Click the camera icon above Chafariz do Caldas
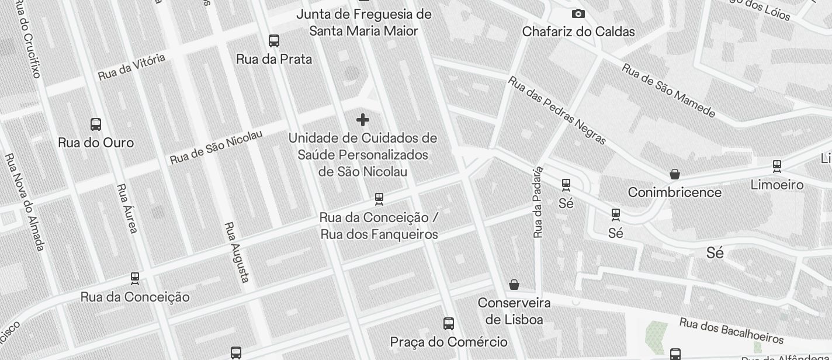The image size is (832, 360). (578, 13)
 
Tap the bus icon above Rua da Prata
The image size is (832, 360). (273, 41)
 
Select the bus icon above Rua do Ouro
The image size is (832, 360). (96, 124)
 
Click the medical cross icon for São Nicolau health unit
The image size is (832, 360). (362, 120)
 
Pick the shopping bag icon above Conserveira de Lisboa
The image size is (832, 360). (514, 285)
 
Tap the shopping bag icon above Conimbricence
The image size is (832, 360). (674, 174)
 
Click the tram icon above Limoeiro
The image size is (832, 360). (776, 167)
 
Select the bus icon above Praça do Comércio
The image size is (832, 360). (448, 324)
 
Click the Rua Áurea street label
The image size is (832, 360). (127, 209)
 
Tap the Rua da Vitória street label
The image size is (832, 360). (131, 67)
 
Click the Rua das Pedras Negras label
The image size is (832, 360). (557, 110)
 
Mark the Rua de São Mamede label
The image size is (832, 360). (668, 90)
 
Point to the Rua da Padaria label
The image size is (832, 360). (538, 202)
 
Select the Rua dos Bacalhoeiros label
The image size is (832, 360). (731, 330)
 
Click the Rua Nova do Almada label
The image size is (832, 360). (25, 202)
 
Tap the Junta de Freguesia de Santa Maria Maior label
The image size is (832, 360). (363, 22)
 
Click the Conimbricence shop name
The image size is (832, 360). (674, 192)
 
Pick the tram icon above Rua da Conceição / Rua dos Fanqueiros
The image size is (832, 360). (379, 199)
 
